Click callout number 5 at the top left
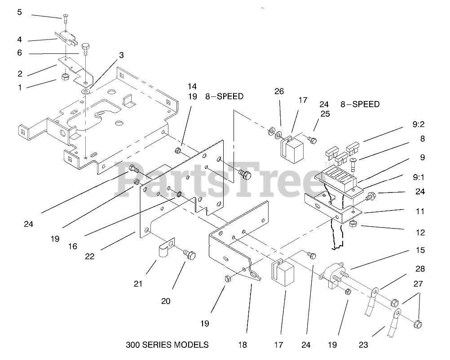coord(19,12)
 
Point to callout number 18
coord(243,345)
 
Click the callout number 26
coord(279,92)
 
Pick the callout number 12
coord(420,233)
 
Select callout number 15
coord(420,250)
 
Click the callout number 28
coord(420,269)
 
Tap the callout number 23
coord(364,345)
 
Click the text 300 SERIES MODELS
coord(168,345)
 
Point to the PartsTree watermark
coord(220,180)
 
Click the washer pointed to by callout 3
coord(85,92)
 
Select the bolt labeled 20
coord(190,256)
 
